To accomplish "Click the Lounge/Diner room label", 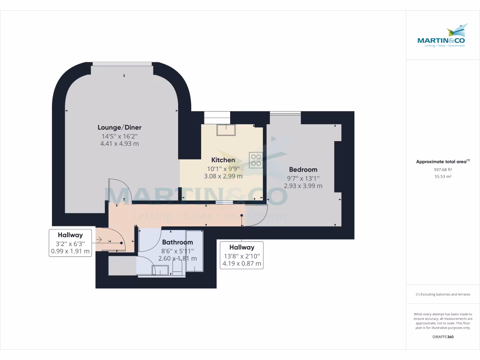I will point(120,127).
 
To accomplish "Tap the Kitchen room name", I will point(223,160).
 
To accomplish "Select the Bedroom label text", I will point(303,170).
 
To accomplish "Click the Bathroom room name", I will point(177,242).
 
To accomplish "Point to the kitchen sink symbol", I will point(225,129).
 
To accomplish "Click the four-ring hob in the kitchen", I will point(256,160).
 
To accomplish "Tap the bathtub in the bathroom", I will point(194,251).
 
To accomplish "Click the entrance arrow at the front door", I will point(98,240).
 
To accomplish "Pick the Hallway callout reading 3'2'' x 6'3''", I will point(70,243).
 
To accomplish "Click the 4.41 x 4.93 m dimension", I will point(120,144).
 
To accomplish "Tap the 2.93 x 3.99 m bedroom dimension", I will point(303,186).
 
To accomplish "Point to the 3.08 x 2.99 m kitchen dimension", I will point(223,176).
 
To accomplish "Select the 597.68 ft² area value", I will point(443,169).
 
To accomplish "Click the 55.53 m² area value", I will point(443,176).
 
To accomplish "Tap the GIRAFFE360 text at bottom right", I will point(443,337).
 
